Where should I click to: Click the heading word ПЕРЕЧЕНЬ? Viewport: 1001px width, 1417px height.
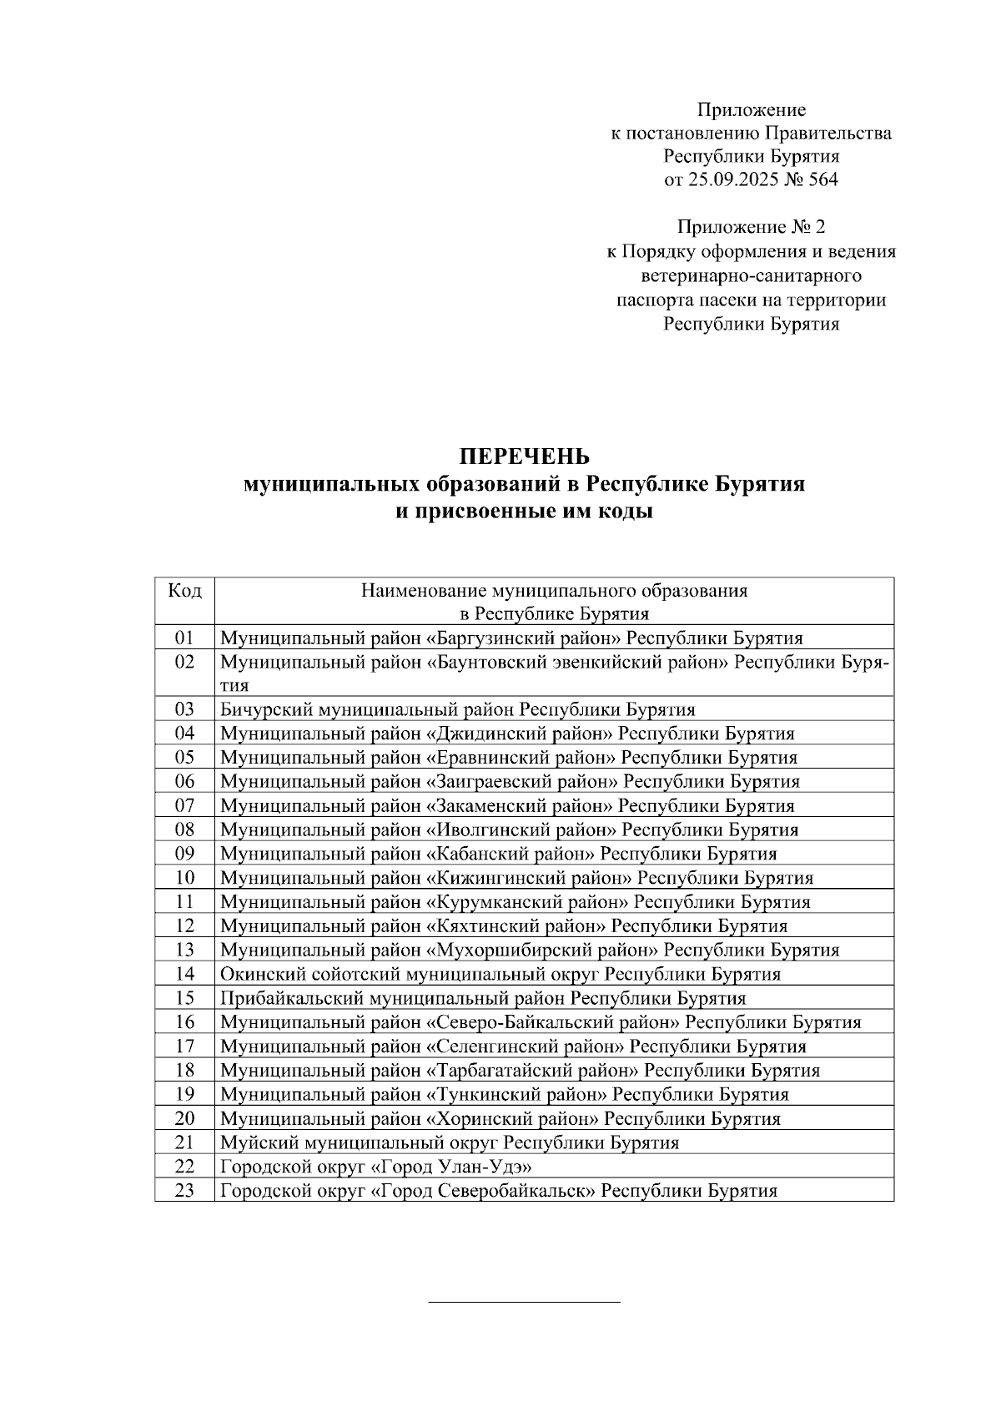tap(524, 456)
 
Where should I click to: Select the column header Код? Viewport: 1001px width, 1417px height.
tap(184, 591)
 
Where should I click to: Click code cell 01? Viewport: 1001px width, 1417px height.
tap(184, 638)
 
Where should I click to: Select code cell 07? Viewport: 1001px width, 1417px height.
tap(184, 806)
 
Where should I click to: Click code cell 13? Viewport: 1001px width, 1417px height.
tap(184, 950)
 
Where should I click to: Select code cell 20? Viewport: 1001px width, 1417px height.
tap(184, 1118)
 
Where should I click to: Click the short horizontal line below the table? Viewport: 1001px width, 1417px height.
tap(524, 1301)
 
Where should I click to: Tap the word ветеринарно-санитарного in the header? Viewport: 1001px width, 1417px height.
tap(751, 275)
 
